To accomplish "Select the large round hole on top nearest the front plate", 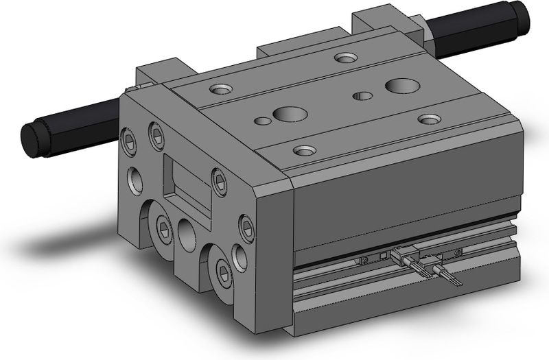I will click(285, 114).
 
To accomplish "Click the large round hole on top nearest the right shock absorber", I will click(402, 86).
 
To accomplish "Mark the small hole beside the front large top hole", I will click(262, 121).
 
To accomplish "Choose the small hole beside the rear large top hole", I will click(362, 95).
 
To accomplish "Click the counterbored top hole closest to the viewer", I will click(304, 149).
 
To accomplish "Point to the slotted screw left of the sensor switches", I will click(364, 261).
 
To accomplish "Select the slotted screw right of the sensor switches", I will click(458, 252).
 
